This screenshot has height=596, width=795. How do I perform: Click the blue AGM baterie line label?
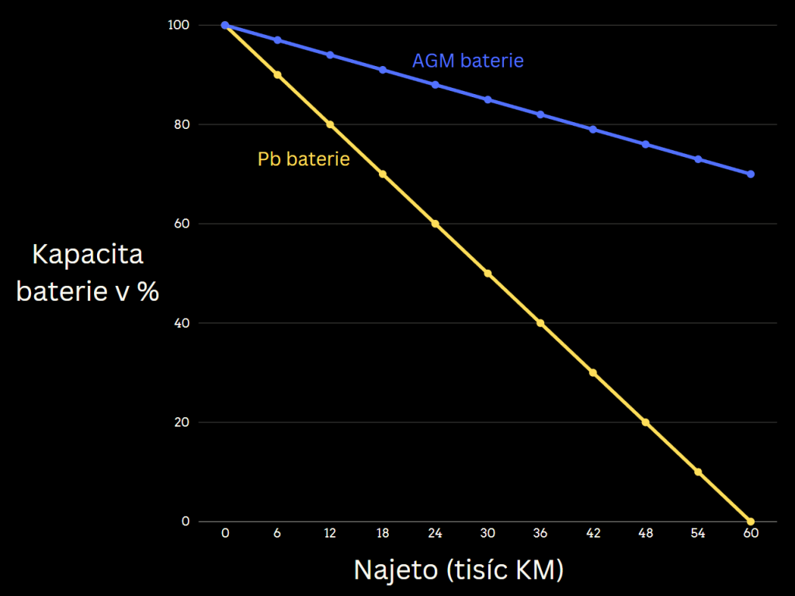point(467,61)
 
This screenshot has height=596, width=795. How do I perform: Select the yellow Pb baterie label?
point(304,159)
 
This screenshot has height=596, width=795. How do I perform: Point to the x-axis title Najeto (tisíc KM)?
point(458,570)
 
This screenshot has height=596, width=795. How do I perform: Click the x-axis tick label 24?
point(435,534)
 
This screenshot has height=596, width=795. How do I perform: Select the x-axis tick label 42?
point(593,534)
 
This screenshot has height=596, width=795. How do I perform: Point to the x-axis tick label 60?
point(751,534)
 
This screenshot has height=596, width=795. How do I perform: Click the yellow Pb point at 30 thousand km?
point(488,274)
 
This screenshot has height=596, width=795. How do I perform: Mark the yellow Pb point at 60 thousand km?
point(751,521)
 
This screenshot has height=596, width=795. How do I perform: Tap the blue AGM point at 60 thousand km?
point(751,174)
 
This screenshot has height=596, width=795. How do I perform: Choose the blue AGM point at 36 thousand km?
point(540,114)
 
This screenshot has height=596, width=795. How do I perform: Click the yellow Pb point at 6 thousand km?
point(277,75)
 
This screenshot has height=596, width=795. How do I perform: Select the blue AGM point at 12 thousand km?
point(330,55)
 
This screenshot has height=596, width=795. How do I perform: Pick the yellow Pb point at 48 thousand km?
point(645,422)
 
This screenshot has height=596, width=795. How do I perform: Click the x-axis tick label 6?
point(277,534)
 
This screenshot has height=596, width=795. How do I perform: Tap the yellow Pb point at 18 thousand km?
point(383,174)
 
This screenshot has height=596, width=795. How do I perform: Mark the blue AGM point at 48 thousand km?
point(645,145)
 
